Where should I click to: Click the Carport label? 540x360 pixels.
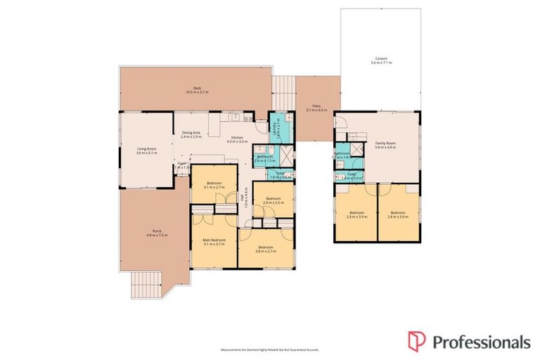[382, 59]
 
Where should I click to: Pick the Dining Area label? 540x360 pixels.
[191, 133]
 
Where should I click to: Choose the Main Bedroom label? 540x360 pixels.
[214, 240]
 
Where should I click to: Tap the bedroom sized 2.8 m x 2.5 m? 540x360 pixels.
[272, 199]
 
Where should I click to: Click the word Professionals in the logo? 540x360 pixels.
[480, 342]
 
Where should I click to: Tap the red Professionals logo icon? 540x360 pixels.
[416, 341]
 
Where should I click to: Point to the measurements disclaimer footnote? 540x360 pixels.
[270, 349]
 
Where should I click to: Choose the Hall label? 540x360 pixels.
[243, 201]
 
